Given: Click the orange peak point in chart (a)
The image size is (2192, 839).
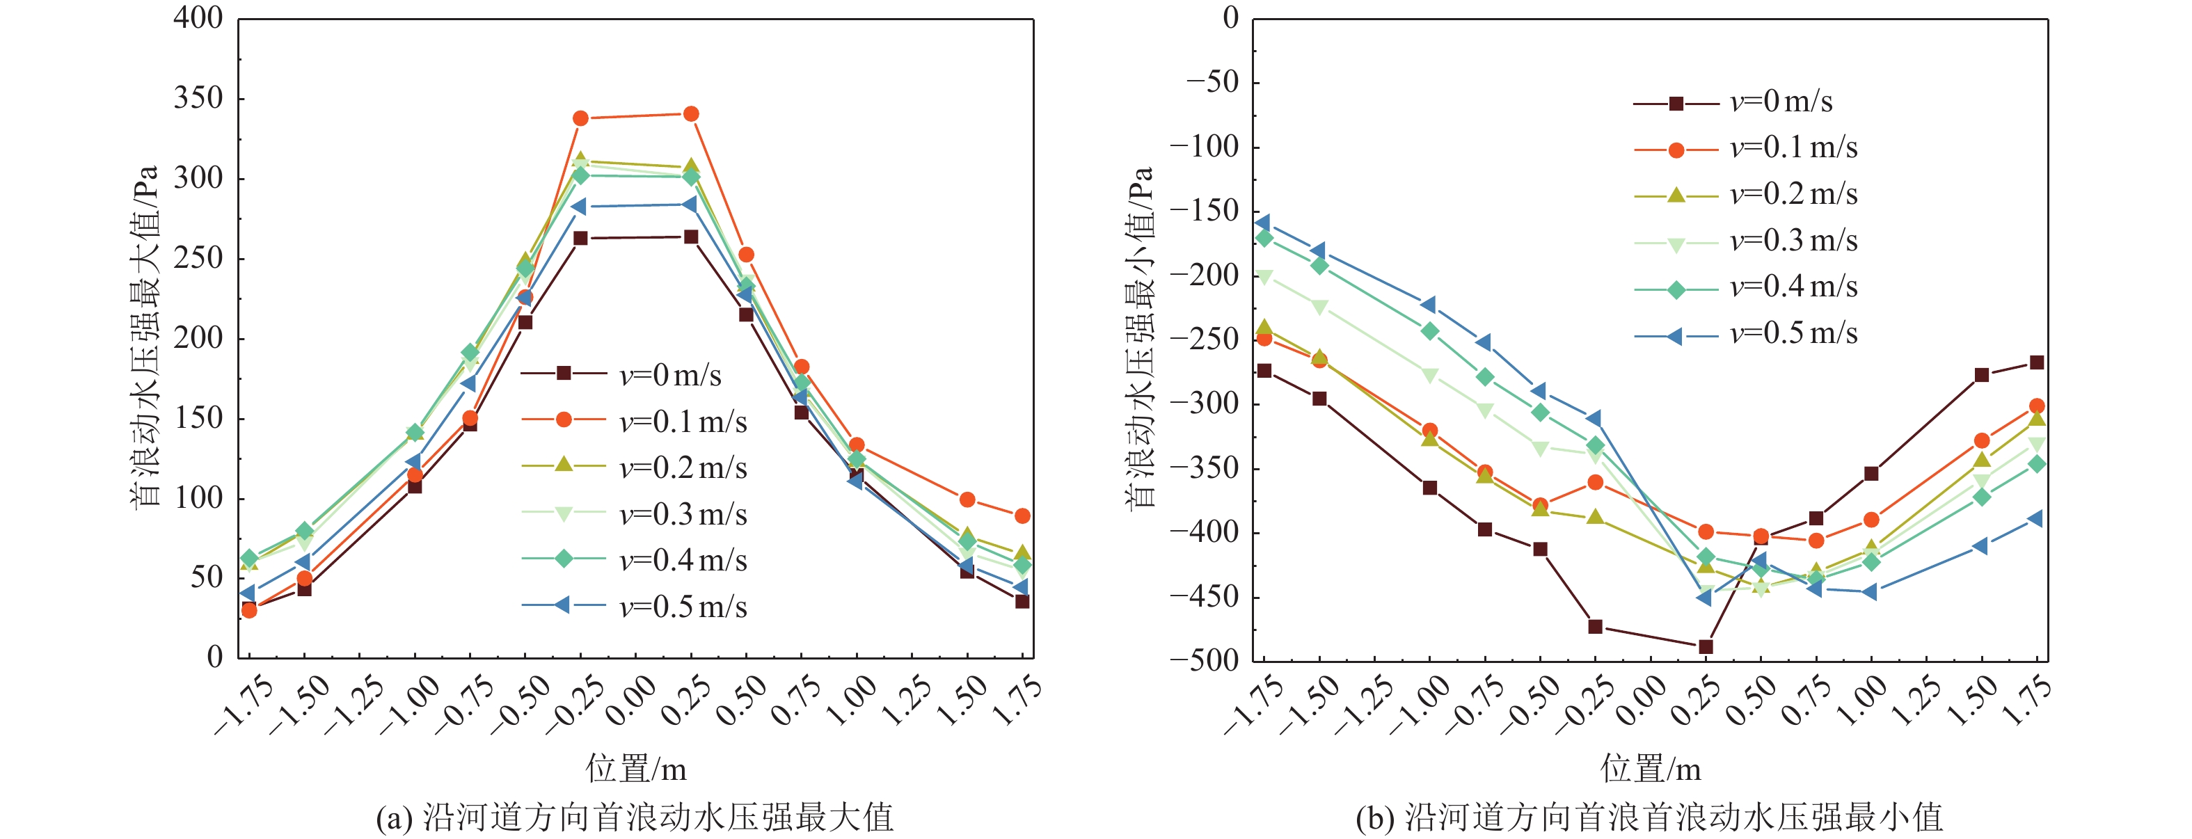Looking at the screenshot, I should [x=691, y=114].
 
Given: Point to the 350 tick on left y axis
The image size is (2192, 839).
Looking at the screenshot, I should [x=198, y=99].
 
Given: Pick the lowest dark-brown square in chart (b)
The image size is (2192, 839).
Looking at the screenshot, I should [x=1706, y=647].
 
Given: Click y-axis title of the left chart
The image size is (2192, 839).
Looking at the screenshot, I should [x=145, y=337].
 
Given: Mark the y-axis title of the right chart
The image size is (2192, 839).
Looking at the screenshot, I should [x=1141, y=337].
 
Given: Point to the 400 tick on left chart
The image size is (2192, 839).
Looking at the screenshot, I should [x=198, y=19].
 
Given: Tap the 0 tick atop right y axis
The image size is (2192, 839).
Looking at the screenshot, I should [x=1230, y=19].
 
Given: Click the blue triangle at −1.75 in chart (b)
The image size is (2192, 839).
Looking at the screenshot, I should [x=1264, y=223].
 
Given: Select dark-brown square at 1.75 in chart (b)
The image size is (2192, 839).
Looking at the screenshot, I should [x=2037, y=362].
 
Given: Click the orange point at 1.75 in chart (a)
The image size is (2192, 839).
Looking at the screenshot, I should [x=1022, y=516].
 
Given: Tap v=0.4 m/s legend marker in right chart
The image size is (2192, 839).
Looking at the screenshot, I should [x=1676, y=290].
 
